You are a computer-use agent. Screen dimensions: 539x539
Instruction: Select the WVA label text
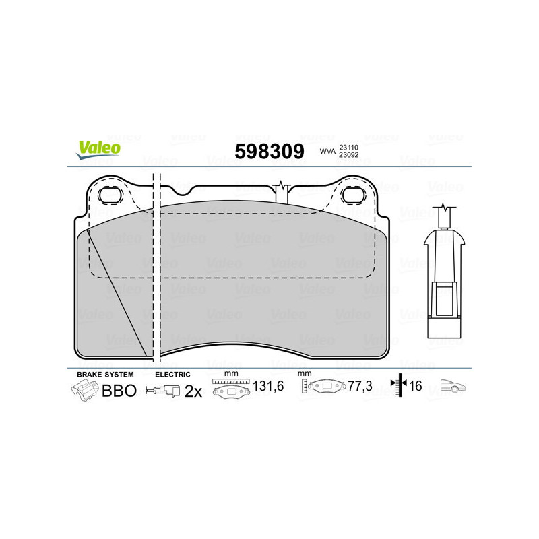click(x=327, y=152)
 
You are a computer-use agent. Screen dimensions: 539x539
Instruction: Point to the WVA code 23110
click(x=348, y=146)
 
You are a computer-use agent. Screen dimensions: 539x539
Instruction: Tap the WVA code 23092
click(x=348, y=156)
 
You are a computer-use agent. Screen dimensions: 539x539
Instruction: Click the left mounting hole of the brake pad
click(x=109, y=195)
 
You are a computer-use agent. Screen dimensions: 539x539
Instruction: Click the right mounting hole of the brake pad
click(x=352, y=195)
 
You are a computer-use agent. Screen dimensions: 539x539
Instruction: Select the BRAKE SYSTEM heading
click(x=105, y=374)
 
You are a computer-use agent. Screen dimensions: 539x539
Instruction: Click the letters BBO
click(x=119, y=391)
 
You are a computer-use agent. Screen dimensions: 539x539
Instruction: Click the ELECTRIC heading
click(x=173, y=374)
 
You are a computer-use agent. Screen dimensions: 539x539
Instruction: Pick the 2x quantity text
click(x=193, y=391)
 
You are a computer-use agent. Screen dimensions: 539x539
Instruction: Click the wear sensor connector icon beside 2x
click(x=164, y=391)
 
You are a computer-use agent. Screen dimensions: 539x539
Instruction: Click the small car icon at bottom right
click(x=454, y=387)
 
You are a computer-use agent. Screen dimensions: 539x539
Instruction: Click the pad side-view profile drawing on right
click(x=444, y=276)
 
